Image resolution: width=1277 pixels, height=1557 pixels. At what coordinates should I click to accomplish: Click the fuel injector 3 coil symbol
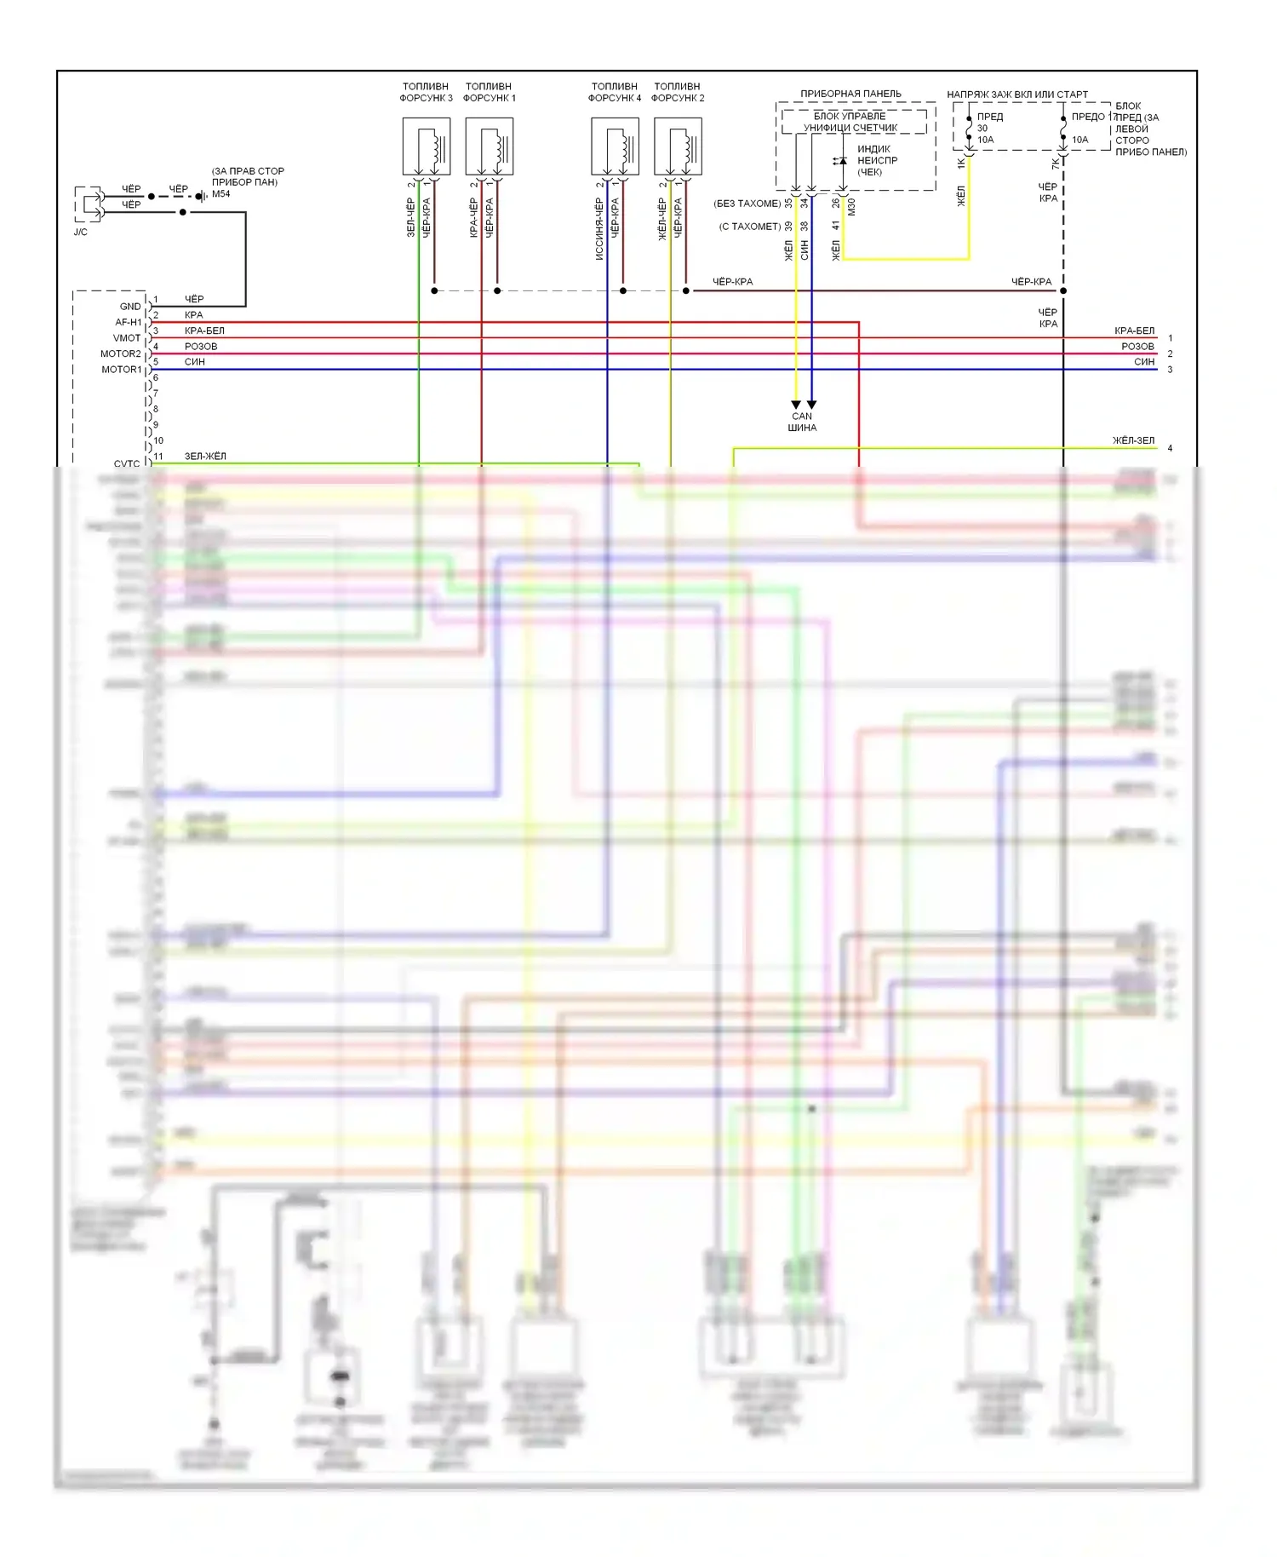point(427,147)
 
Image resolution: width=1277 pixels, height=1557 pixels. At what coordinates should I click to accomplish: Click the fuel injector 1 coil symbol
point(490,147)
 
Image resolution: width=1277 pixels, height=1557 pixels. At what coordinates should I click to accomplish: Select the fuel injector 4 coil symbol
point(616,147)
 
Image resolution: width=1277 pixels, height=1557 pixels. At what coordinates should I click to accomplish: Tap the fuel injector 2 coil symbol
point(679,147)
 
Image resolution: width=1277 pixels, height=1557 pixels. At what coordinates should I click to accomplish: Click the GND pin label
point(130,307)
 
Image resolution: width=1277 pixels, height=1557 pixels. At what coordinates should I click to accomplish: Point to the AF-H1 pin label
point(129,322)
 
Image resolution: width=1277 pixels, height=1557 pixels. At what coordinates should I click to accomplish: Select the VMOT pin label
point(127,338)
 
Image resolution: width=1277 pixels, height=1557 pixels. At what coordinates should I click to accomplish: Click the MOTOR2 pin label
point(121,353)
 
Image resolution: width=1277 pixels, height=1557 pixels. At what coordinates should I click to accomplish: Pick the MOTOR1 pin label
point(121,370)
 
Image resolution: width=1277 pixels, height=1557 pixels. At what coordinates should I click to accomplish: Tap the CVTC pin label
point(127,463)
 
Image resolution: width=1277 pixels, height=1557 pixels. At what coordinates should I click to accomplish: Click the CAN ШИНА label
point(802,422)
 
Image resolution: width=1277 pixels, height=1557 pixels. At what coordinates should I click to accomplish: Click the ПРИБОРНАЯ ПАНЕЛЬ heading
point(850,94)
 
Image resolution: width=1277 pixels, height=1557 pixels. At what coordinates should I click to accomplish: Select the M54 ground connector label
point(221,194)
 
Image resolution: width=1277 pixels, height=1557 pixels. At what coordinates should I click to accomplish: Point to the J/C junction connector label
point(81,232)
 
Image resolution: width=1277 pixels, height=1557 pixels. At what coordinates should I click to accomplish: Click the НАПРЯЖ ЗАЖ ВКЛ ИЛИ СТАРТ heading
point(1017,95)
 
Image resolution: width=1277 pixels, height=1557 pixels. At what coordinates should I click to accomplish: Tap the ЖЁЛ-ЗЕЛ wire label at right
point(1134,440)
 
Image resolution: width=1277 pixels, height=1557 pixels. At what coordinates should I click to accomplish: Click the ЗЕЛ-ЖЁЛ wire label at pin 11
point(205,457)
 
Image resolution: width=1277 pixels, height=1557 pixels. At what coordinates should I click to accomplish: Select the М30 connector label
point(852,206)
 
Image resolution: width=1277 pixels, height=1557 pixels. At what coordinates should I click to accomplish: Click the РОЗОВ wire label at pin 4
point(201,347)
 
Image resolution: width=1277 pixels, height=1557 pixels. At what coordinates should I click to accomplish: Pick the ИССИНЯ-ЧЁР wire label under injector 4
point(599,229)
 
